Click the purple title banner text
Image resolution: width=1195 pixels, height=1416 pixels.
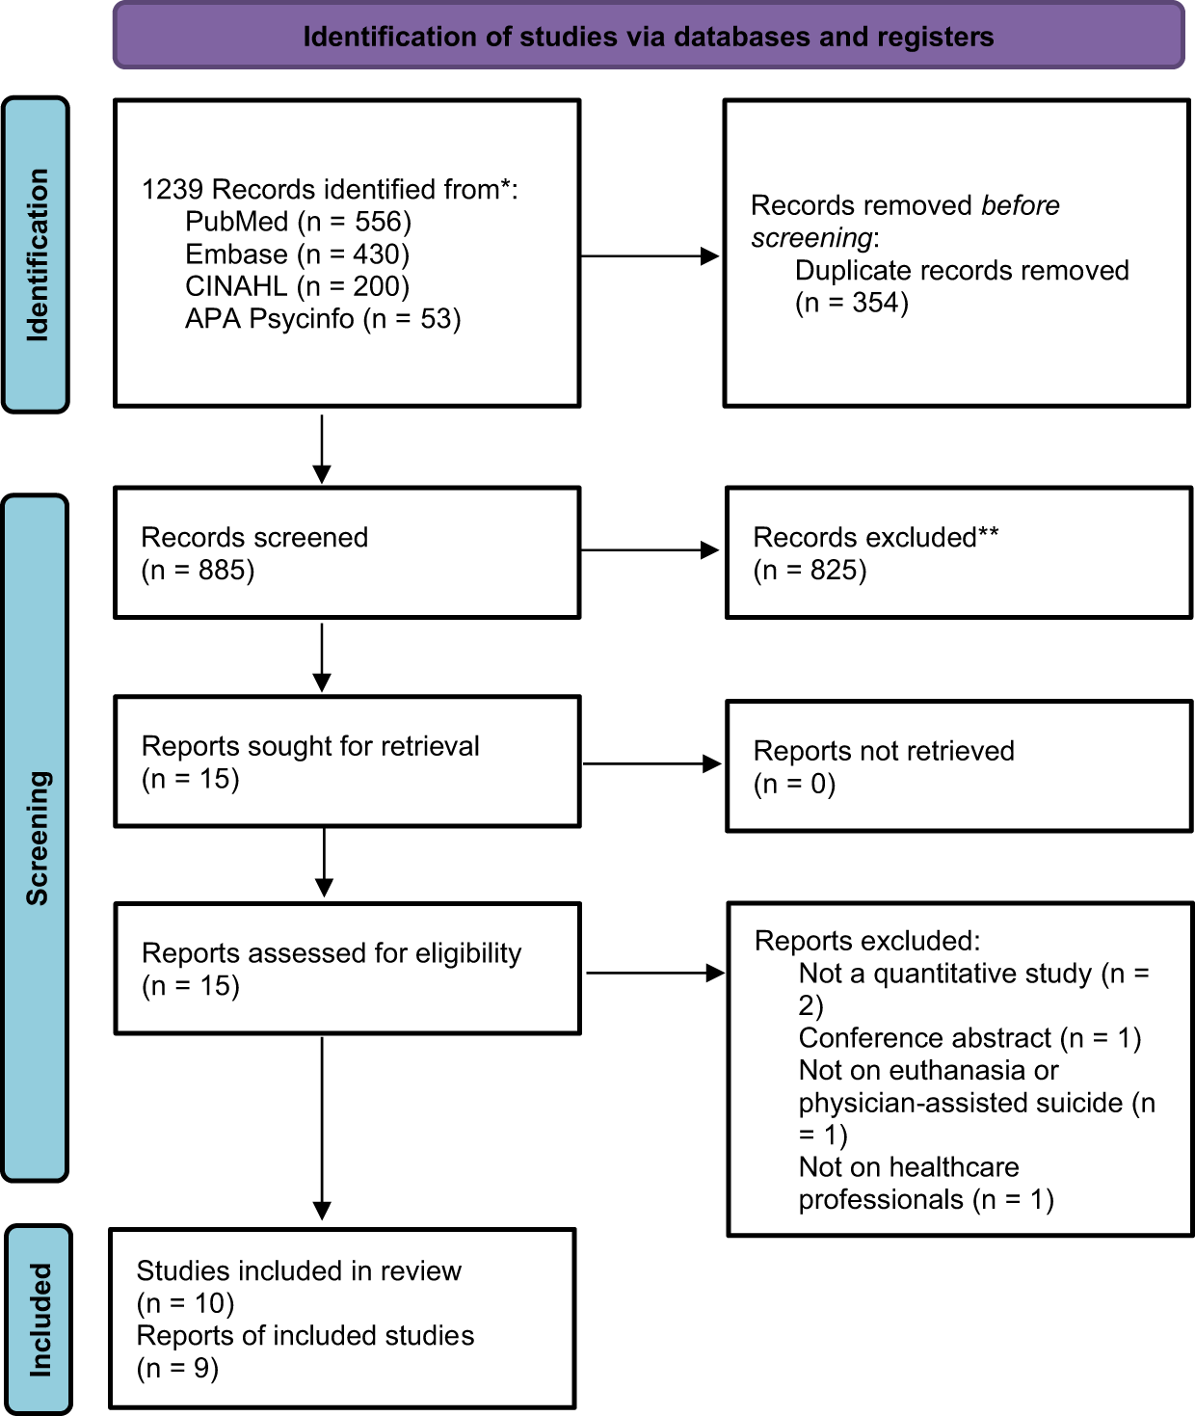[649, 37]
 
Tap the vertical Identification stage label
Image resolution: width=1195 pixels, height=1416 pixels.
[38, 255]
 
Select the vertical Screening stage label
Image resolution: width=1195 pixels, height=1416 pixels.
[38, 839]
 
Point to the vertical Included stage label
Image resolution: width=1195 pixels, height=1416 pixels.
[40, 1320]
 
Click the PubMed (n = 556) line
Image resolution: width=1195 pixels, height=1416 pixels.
[299, 222]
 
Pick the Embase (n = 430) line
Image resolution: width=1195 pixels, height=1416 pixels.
[298, 254]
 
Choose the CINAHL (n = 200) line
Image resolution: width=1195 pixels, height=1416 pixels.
[298, 286]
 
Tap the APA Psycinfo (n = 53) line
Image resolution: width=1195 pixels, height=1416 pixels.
[323, 319]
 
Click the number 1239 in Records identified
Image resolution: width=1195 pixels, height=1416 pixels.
[173, 189]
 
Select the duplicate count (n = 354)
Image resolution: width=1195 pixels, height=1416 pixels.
[852, 303]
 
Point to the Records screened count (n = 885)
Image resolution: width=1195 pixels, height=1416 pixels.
[198, 570]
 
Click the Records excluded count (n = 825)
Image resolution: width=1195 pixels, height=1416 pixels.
[810, 570]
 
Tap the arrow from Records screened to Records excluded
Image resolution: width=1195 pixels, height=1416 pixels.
[650, 550]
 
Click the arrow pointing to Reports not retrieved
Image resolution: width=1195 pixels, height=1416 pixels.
[651, 763]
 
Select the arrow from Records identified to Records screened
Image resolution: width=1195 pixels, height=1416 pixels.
[322, 449]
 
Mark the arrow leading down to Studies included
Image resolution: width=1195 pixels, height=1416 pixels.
[322, 1128]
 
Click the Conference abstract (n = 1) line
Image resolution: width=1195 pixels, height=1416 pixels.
[969, 1037]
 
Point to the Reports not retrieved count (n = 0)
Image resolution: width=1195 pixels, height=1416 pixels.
[794, 784]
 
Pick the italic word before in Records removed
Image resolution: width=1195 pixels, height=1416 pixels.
[1020, 204]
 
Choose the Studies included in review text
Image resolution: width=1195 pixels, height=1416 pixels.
[299, 1270]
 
